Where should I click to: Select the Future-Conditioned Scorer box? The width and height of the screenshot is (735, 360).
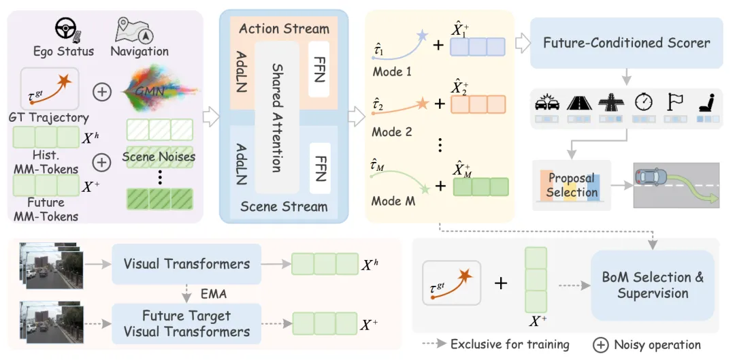pyautogui.click(x=627, y=43)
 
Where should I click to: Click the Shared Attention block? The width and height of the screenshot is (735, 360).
pyautogui.click(x=276, y=117)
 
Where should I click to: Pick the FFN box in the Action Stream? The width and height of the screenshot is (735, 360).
pyautogui.click(x=319, y=69)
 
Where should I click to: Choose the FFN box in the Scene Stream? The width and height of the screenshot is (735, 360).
pyautogui.click(x=319, y=168)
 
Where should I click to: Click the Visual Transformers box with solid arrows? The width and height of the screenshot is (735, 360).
pyautogui.click(x=186, y=264)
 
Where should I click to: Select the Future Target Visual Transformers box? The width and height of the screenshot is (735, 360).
pyautogui.click(x=186, y=324)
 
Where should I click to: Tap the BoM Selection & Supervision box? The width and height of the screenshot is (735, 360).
pyautogui.click(x=653, y=285)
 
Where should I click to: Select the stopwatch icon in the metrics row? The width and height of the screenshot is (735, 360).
pyautogui.click(x=642, y=101)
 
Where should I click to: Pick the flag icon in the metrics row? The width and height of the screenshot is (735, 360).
pyautogui.click(x=676, y=101)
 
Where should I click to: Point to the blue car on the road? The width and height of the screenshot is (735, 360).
pyautogui.click(x=652, y=177)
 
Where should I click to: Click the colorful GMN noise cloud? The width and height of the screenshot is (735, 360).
pyautogui.click(x=160, y=91)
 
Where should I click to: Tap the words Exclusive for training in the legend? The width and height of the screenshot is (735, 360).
pyautogui.click(x=510, y=345)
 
